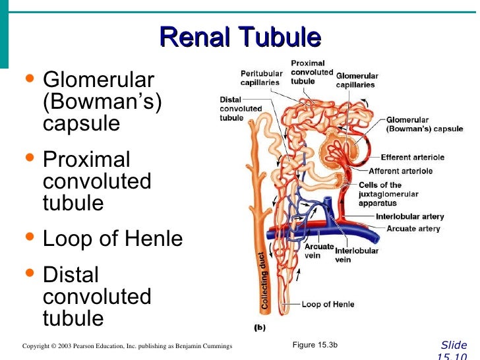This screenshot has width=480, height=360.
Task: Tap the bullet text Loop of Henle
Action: [113, 239]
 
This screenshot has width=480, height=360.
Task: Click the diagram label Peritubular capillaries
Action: [261, 78]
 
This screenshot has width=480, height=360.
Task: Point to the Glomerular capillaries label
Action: [357, 80]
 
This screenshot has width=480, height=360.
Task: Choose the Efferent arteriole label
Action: [412, 158]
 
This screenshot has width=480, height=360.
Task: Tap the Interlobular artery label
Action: [409, 216]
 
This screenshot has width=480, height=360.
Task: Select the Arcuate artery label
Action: [413, 229]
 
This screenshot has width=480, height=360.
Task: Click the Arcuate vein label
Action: [319, 251]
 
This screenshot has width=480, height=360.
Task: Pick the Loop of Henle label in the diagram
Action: [328, 305]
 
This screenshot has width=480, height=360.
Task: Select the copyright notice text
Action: [127, 346]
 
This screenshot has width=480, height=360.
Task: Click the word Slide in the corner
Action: [454, 345]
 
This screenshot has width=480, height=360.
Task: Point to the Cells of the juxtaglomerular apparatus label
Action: [386, 195]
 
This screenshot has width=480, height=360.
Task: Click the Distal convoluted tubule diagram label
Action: [240, 109]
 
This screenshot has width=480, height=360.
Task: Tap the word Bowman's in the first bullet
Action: [102, 102]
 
